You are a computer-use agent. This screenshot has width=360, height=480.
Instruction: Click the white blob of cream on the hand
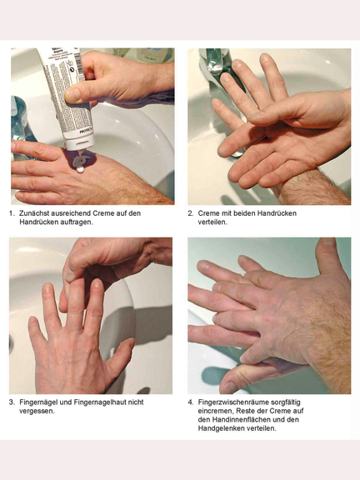[x=80, y=169]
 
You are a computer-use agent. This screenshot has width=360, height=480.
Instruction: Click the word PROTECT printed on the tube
[x=85, y=131]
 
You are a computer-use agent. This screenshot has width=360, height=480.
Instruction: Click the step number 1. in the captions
[x=12, y=213]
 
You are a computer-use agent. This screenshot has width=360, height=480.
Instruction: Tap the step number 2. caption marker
[x=190, y=213]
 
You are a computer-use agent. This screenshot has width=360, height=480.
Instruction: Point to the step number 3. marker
[x=12, y=402]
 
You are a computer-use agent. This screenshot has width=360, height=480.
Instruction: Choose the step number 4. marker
[x=190, y=402]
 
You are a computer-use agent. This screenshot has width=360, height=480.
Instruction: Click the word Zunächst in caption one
[x=33, y=213]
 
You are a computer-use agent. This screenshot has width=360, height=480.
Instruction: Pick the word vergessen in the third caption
[x=37, y=411]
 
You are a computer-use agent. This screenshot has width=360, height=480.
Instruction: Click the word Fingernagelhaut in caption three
[x=100, y=402]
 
